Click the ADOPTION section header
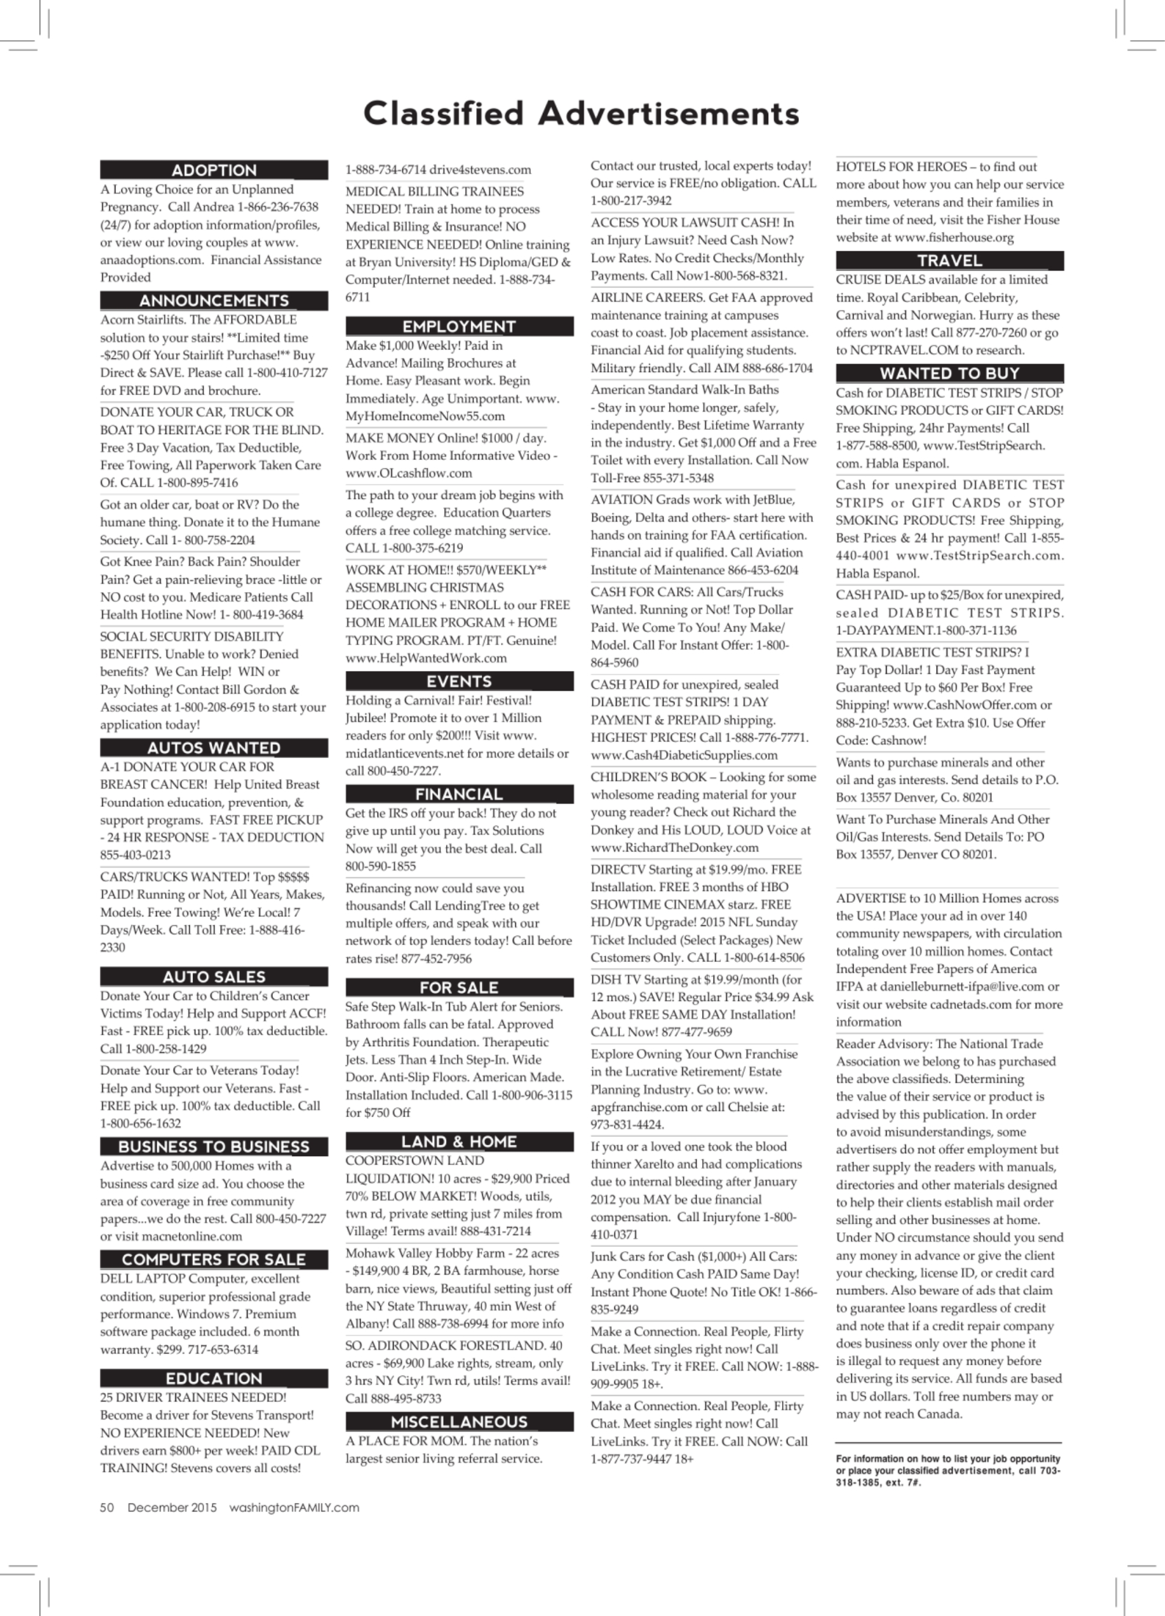click(214, 170)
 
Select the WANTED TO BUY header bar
click(949, 373)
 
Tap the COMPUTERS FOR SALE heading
click(214, 1259)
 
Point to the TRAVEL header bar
click(949, 261)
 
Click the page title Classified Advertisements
click(581, 113)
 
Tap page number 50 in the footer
click(107, 1507)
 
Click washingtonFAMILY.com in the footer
click(293, 1507)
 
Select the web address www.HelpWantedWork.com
click(426, 658)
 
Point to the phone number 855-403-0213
click(135, 854)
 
